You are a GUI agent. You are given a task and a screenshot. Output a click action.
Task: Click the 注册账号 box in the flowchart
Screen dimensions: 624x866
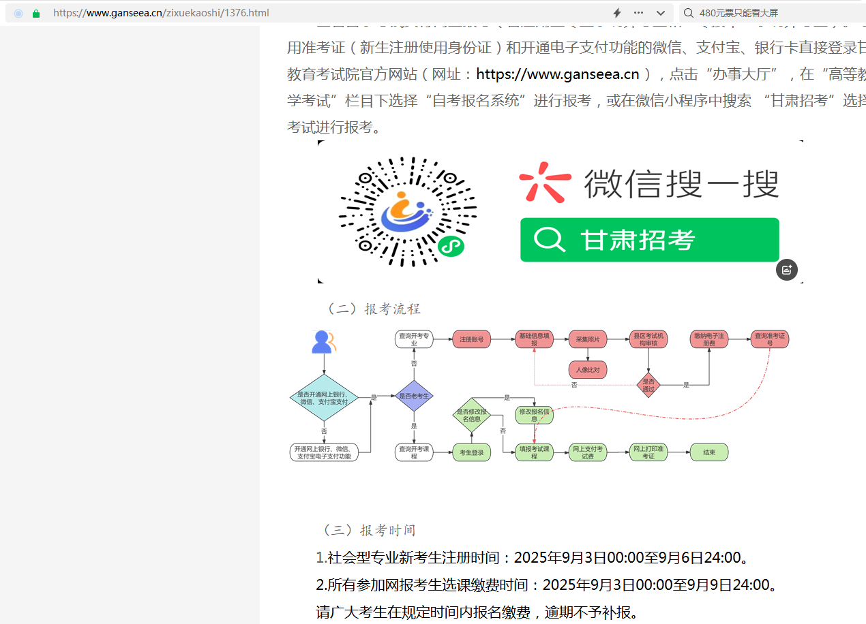coord(472,339)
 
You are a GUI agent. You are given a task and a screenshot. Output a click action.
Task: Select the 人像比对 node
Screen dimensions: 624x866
coord(588,370)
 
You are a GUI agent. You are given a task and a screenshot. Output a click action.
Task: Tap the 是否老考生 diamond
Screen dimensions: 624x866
coord(414,396)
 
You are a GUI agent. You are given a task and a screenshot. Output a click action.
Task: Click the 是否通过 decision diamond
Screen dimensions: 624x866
coord(648,385)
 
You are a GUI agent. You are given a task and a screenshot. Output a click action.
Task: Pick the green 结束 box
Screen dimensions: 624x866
coord(709,452)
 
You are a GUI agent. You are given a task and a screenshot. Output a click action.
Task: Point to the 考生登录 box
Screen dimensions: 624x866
coord(472,452)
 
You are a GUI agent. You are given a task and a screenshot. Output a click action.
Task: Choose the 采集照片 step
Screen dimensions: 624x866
coord(588,339)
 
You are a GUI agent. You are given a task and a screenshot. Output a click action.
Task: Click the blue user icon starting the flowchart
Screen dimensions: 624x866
coord(321,342)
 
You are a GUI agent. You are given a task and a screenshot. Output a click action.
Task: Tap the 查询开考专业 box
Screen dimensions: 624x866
coord(414,339)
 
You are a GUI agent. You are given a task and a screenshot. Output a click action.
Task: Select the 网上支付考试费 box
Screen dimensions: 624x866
coord(588,452)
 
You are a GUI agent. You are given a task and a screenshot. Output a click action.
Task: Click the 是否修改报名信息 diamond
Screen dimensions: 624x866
coord(472,415)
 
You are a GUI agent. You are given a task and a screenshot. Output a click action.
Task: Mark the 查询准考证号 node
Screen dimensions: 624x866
coord(769,339)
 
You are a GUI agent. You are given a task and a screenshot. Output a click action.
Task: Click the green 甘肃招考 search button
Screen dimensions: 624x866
coord(649,240)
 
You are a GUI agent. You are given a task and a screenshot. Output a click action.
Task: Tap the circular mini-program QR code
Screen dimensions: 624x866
coord(408,211)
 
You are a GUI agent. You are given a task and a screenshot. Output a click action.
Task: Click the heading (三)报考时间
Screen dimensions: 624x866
coord(369,530)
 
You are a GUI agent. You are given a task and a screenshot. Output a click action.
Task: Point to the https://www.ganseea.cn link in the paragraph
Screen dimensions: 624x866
coord(558,74)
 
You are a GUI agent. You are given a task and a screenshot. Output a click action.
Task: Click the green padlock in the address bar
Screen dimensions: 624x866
coord(36,13)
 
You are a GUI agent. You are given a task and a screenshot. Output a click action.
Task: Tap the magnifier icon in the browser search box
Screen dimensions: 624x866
coord(688,13)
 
